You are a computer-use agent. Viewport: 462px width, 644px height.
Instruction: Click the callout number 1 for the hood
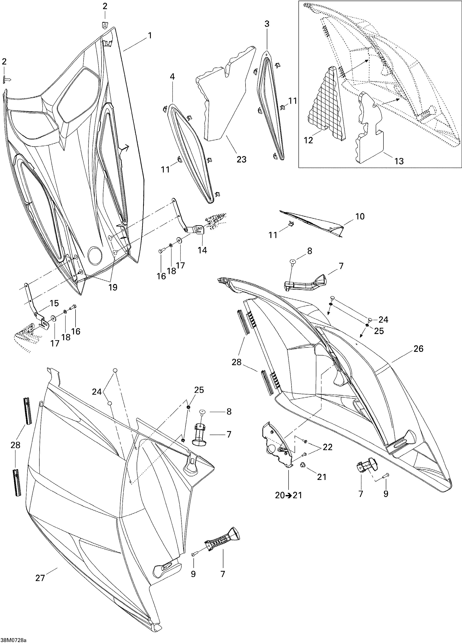pyautogui.click(x=150, y=36)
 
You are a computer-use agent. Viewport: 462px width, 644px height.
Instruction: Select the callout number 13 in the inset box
pyautogui.click(x=399, y=161)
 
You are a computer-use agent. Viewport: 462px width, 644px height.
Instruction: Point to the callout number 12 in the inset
pyautogui.click(x=309, y=140)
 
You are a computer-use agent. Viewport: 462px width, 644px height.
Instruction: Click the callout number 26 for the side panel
pyautogui.click(x=419, y=348)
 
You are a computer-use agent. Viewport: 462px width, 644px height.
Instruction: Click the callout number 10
pyautogui.click(x=360, y=216)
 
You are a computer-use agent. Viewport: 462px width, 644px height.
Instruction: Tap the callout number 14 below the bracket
pyautogui.click(x=203, y=250)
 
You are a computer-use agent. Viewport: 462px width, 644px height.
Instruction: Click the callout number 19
pyautogui.click(x=113, y=287)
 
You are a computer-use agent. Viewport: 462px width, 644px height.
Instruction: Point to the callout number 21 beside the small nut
pyautogui.click(x=322, y=477)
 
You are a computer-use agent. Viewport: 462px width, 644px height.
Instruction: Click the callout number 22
pyautogui.click(x=328, y=447)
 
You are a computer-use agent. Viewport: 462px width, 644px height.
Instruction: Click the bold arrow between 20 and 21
pyautogui.click(x=288, y=495)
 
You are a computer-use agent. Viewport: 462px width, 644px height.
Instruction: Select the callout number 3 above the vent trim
pyautogui.click(x=267, y=24)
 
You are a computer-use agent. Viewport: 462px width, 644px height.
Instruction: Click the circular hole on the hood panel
pyautogui.click(x=94, y=254)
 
